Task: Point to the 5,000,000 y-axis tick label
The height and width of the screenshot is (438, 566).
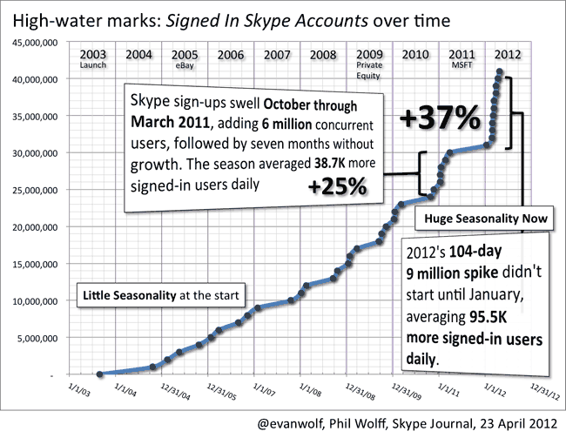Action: [36, 338]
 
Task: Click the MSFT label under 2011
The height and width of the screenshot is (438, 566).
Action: [460, 64]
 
